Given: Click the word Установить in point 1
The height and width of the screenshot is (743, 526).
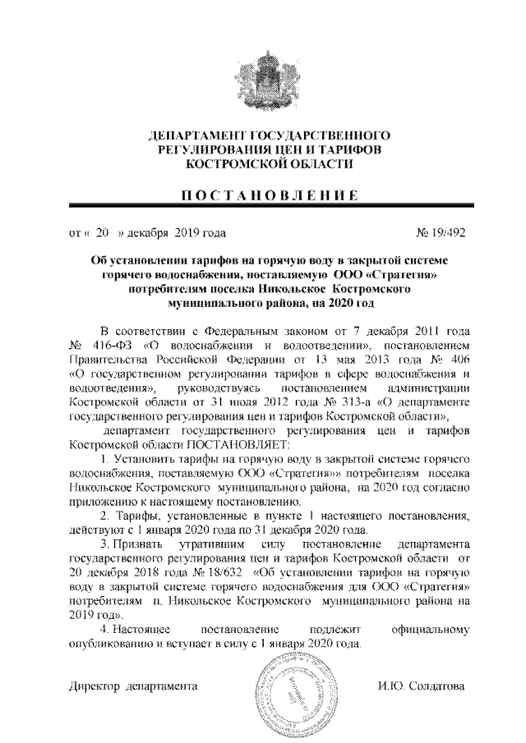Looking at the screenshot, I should point(145,458).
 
